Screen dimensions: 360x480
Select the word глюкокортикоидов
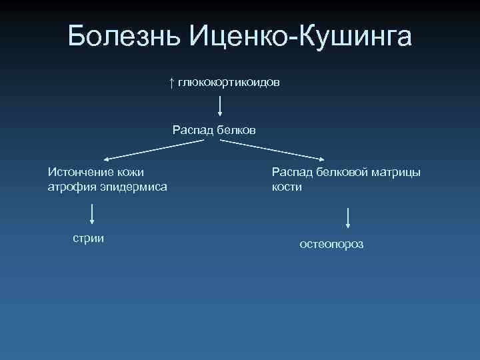229,82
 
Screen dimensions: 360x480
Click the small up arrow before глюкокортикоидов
171,82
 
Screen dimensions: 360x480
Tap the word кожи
129,172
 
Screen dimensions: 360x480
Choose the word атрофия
71,187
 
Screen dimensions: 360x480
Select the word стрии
88,238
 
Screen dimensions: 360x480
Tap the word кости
287,187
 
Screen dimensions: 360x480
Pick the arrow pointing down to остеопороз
349,219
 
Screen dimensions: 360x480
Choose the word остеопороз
331,245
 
